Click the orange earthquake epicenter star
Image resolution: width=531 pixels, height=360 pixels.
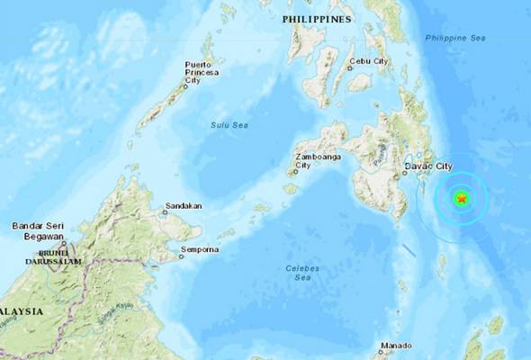pos(462,198)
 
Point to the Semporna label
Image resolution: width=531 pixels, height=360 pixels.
pos(204,247)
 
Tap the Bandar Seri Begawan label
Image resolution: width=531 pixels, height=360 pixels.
pos(38,230)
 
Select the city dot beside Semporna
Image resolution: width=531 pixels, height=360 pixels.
pos(181,256)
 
